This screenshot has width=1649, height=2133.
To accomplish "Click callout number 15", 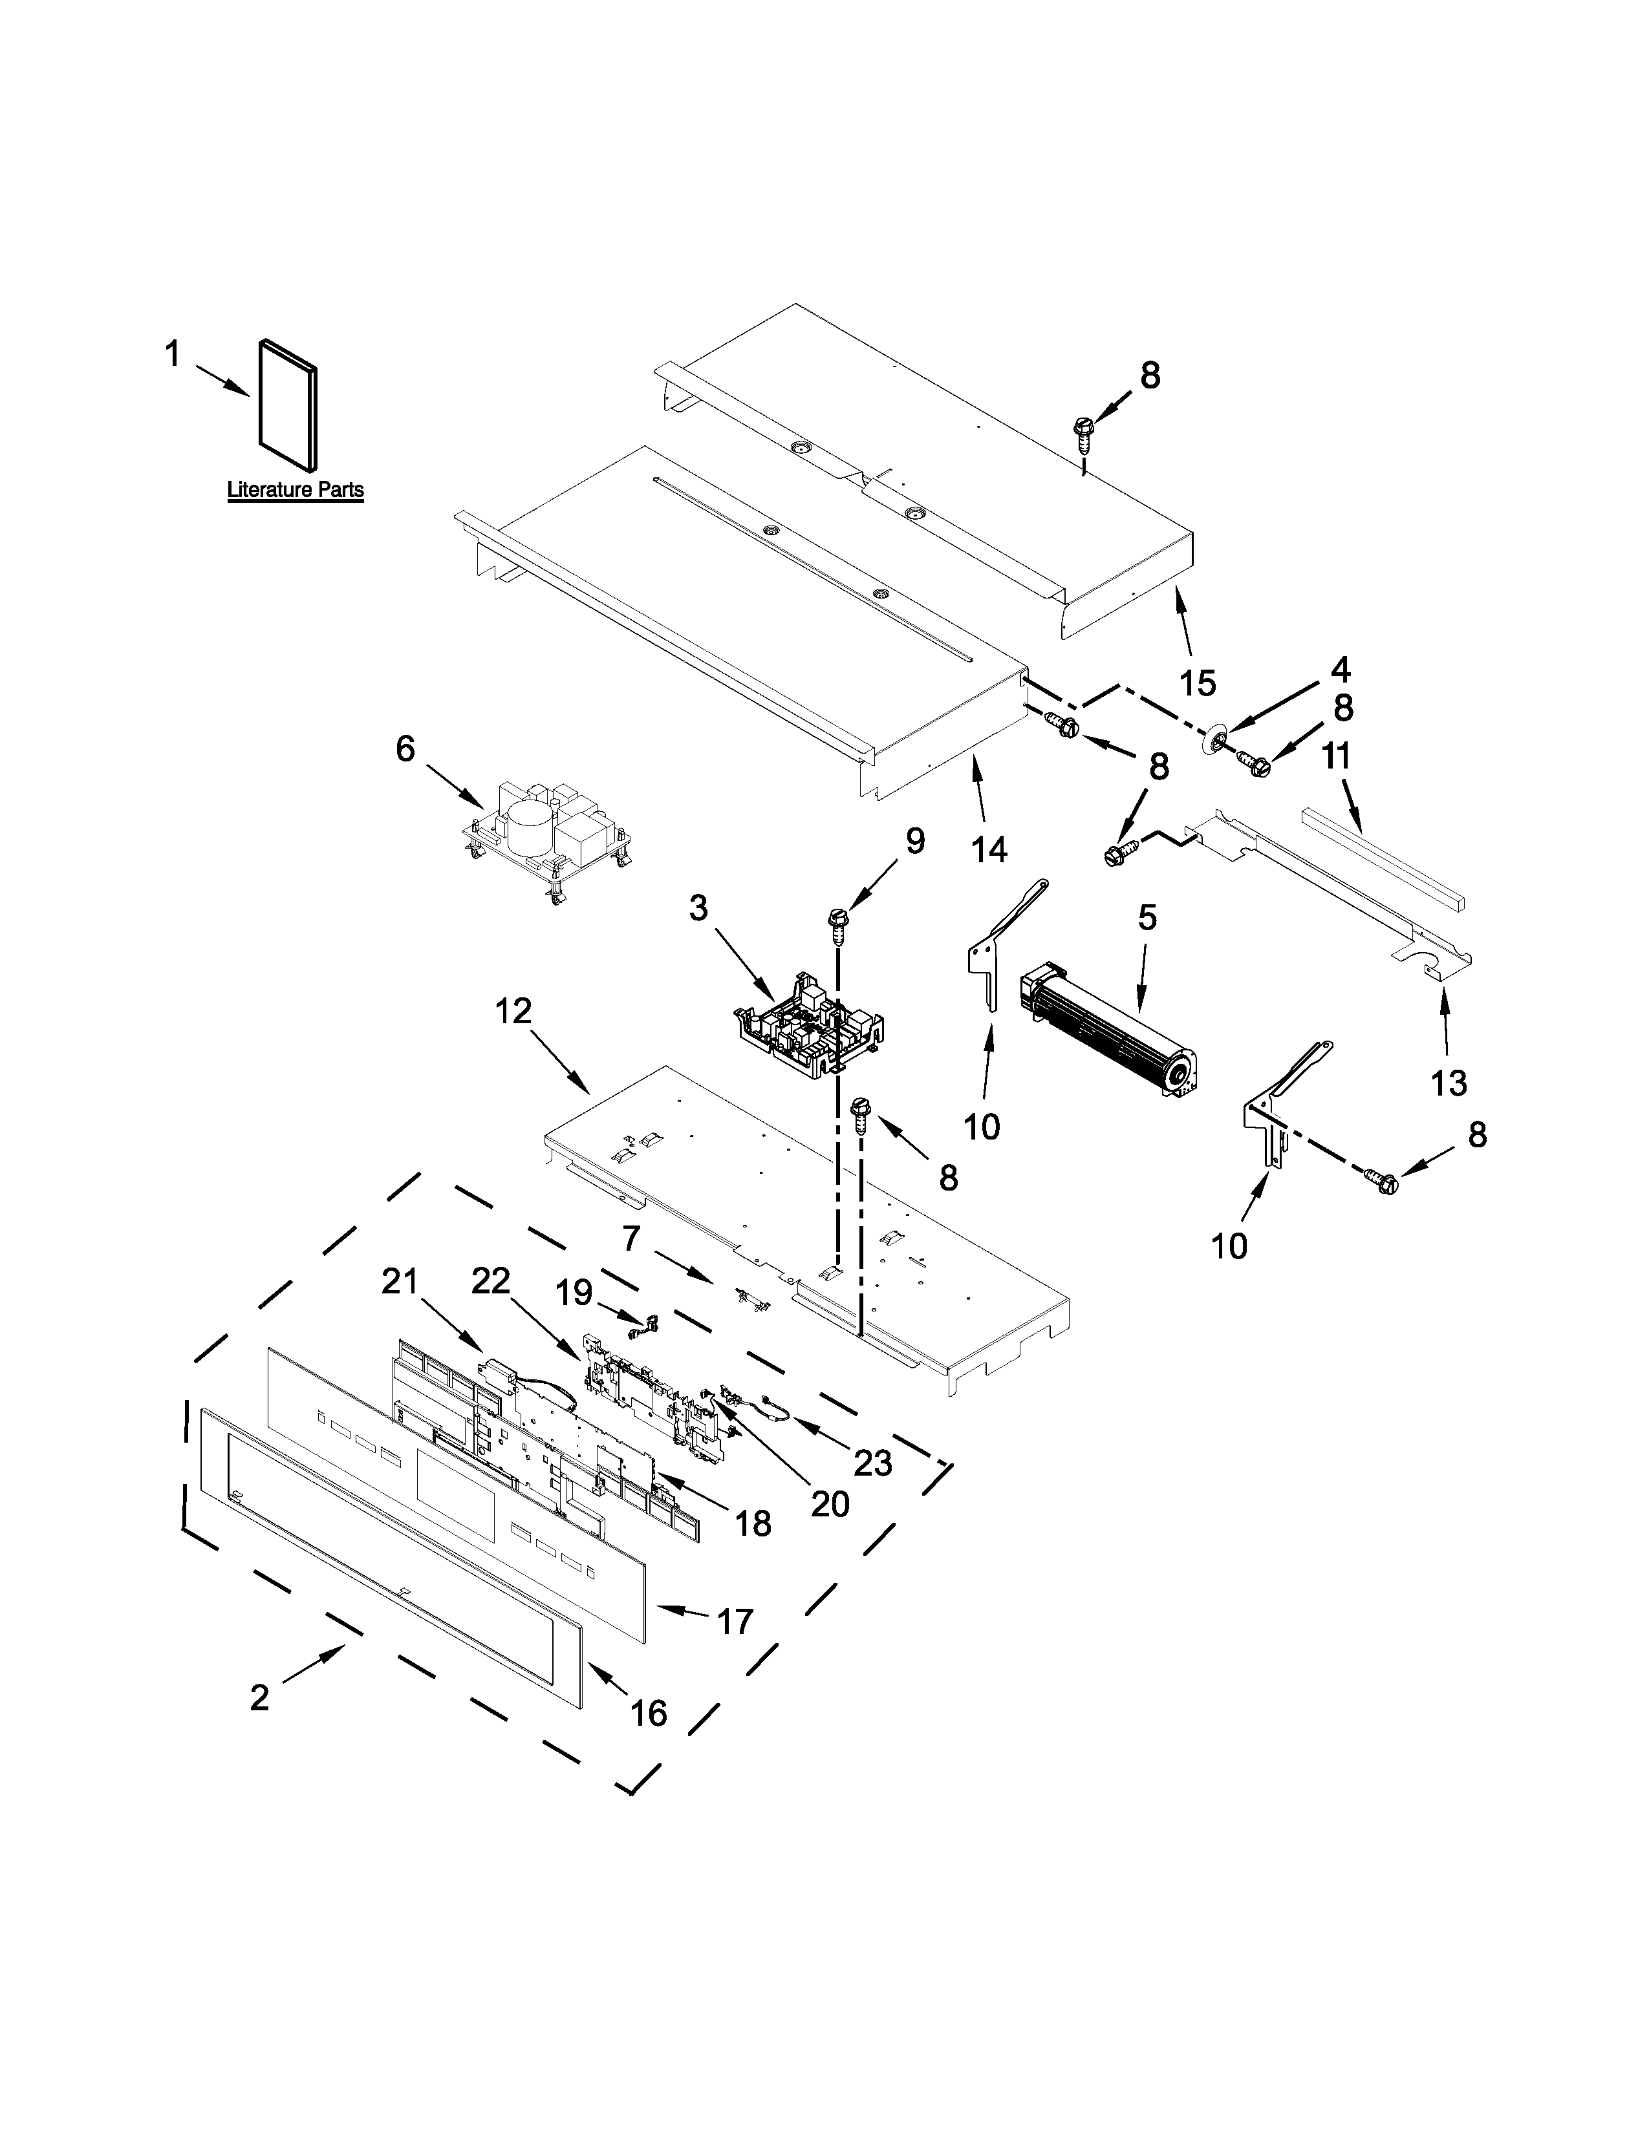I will (x=1198, y=683).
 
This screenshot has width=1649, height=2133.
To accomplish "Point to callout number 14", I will (x=989, y=850).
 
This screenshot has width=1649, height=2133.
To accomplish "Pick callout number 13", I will (x=1449, y=1082).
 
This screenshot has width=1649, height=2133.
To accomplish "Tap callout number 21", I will (x=400, y=1281).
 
